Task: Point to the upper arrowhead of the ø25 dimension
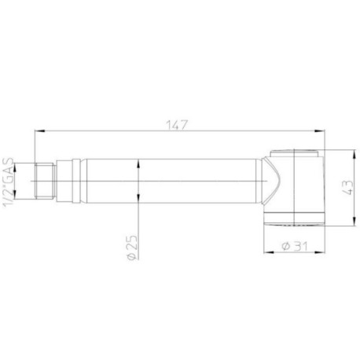click(138, 160)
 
